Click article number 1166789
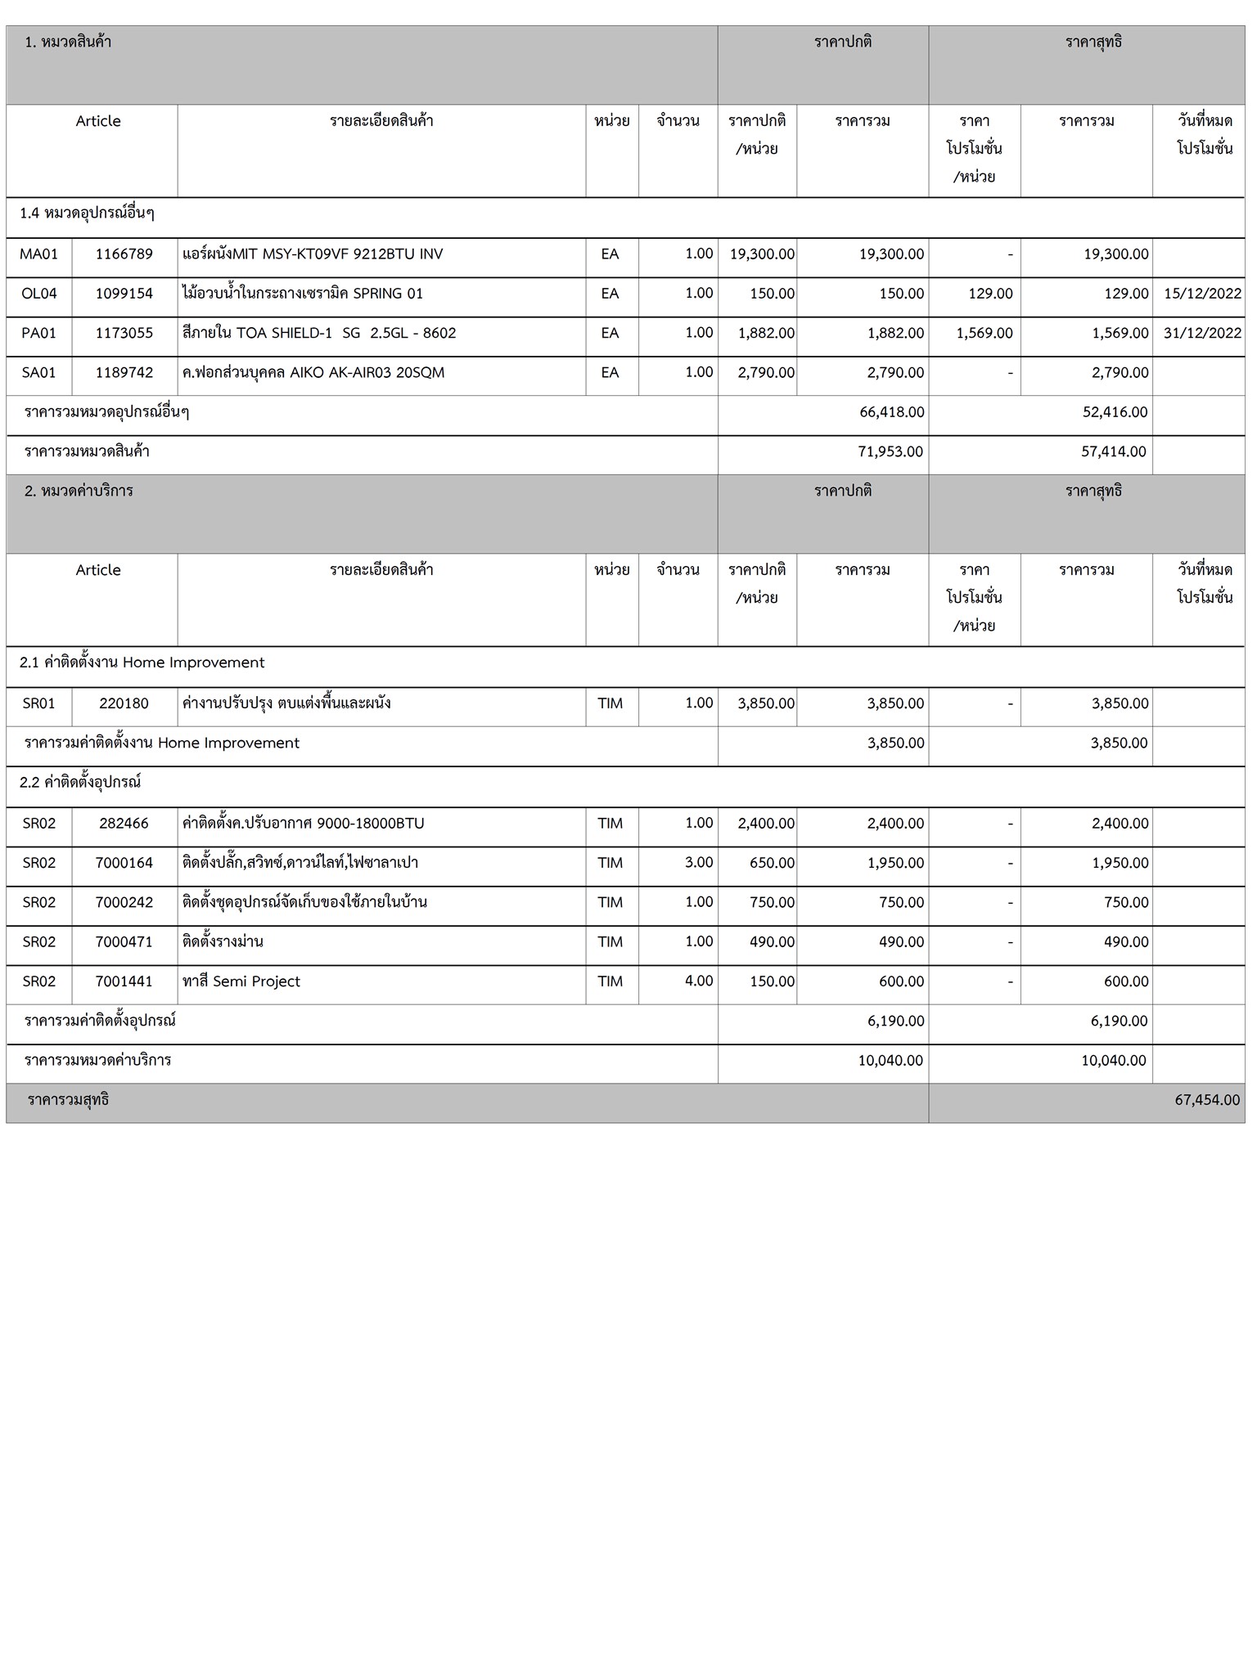pyautogui.click(x=124, y=254)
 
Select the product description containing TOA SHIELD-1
pyautogui.click(x=319, y=334)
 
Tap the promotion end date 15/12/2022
pyautogui.click(x=1202, y=294)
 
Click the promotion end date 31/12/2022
pyautogui.click(x=1202, y=334)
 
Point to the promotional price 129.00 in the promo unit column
pyautogui.click(x=990, y=294)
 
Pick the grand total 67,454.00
pyautogui.click(x=1207, y=1101)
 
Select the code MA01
pyautogui.click(x=39, y=254)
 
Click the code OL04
pyautogui.click(x=39, y=294)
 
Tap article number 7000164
pyautogui.click(x=124, y=864)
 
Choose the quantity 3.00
pyautogui.click(x=699, y=863)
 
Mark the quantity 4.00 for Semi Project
pyautogui.click(x=699, y=981)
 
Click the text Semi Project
pyautogui.click(x=256, y=982)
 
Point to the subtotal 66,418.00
pyautogui.click(x=892, y=412)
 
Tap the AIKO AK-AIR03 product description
pyautogui.click(x=313, y=373)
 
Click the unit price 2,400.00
pyautogui.click(x=766, y=824)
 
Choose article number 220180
pyautogui.click(x=124, y=703)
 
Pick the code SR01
pyautogui.click(x=39, y=703)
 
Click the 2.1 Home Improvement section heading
pyautogui.click(x=142, y=663)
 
